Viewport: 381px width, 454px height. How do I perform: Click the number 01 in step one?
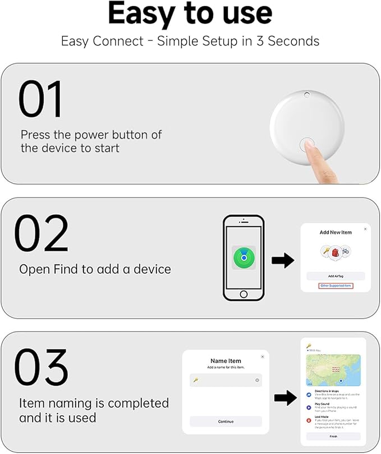(x=40, y=100)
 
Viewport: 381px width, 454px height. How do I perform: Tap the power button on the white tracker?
(x=306, y=144)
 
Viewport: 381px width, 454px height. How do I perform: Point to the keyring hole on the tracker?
(x=306, y=95)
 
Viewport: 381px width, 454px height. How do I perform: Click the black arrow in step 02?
(x=283, y=260)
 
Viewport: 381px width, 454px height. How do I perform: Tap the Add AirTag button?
(x=335, y=276)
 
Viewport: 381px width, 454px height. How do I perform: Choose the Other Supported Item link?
(x=335, y=286)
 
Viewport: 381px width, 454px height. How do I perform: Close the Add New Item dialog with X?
(x=365, y=229)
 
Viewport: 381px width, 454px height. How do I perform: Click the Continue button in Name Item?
(x=226, y=421)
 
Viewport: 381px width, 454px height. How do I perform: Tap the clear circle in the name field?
(x=257, y=380)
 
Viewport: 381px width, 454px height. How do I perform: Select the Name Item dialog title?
(x=226, y=361)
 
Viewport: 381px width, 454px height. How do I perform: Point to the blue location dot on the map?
(x=341, y=380)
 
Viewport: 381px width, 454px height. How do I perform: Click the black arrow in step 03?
(x=285, y=398)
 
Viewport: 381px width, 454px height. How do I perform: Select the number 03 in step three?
(x=40, y=368)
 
